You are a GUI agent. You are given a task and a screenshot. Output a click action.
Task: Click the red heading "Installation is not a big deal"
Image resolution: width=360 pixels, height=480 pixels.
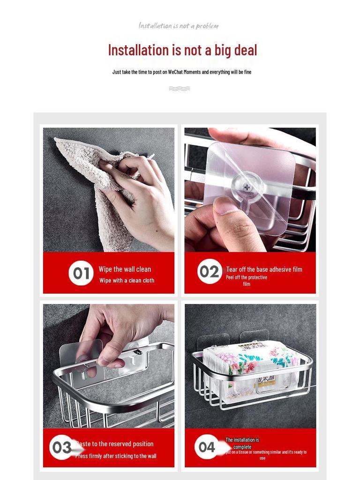click(182, 50)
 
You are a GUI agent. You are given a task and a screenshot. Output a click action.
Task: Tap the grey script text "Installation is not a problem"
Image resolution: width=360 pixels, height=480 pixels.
click(179, 26)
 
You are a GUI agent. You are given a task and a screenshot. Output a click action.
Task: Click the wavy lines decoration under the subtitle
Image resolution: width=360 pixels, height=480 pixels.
click(179, 88)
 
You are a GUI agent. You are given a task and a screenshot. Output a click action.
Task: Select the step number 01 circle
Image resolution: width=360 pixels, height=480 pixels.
click(81, 273)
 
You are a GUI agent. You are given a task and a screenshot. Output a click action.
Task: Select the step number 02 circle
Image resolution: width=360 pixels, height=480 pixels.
click(210, 271)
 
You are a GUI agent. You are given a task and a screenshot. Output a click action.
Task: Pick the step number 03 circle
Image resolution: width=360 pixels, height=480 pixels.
click(61, 448)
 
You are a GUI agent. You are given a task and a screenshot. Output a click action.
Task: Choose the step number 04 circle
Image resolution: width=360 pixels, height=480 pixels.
click(206, 447)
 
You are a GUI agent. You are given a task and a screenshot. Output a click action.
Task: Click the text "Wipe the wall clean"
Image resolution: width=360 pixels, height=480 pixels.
click(125, 269)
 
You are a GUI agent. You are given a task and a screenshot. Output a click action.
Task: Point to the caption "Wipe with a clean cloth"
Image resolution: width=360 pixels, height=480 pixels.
click(127, 280)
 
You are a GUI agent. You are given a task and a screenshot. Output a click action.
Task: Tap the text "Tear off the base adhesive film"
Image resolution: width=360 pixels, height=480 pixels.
click(264, 270)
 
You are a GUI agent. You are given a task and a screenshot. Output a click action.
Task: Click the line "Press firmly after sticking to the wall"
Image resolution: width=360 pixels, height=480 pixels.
click(116, 456)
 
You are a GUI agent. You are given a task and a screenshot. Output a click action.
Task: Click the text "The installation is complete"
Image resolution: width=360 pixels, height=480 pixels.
click(242, 443)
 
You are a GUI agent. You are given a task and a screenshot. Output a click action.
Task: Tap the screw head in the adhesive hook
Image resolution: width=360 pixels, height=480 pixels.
click(247, 187)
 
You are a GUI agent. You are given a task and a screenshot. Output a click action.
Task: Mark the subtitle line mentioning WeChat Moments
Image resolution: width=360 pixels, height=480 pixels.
click(182, 72)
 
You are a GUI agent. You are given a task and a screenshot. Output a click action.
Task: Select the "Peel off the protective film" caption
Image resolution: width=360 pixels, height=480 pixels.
click(247, 280)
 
